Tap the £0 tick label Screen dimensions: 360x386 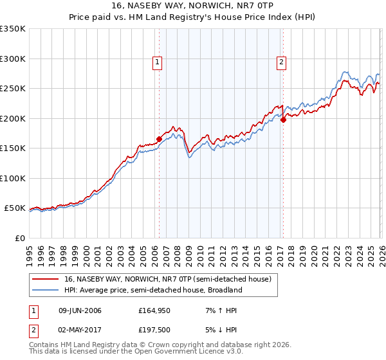[x=19, y=238]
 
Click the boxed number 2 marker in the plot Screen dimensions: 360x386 [x=282, y=62]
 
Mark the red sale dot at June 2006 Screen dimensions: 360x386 [x=159, y=139]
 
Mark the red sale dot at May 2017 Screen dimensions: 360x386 [x=282, y=120]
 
